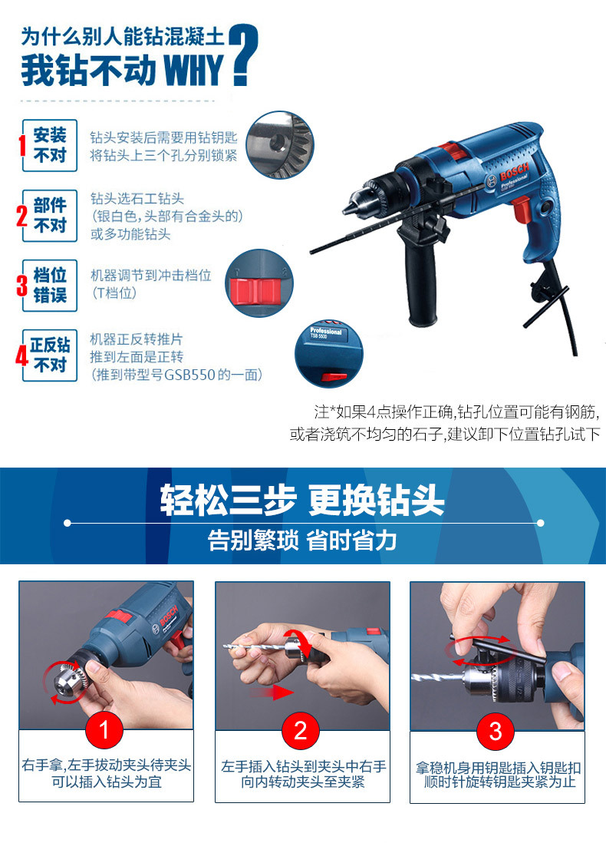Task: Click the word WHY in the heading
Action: coord(193,70)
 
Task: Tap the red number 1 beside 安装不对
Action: coord(22,145)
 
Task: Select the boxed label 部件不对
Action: coord(50,215)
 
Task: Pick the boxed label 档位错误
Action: coord(50,285)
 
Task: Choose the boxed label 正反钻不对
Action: coord(50,355)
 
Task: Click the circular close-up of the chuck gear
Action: coord(280,145)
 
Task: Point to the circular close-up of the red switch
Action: coord(259,283)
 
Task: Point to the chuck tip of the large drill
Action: coord(350,205)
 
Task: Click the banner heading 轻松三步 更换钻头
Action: coord(302,500)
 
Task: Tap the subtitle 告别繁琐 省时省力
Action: coord(302,541)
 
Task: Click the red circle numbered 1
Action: coord(104,730)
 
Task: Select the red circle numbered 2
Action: coord(301,730)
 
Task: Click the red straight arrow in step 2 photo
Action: coord(272,693)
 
